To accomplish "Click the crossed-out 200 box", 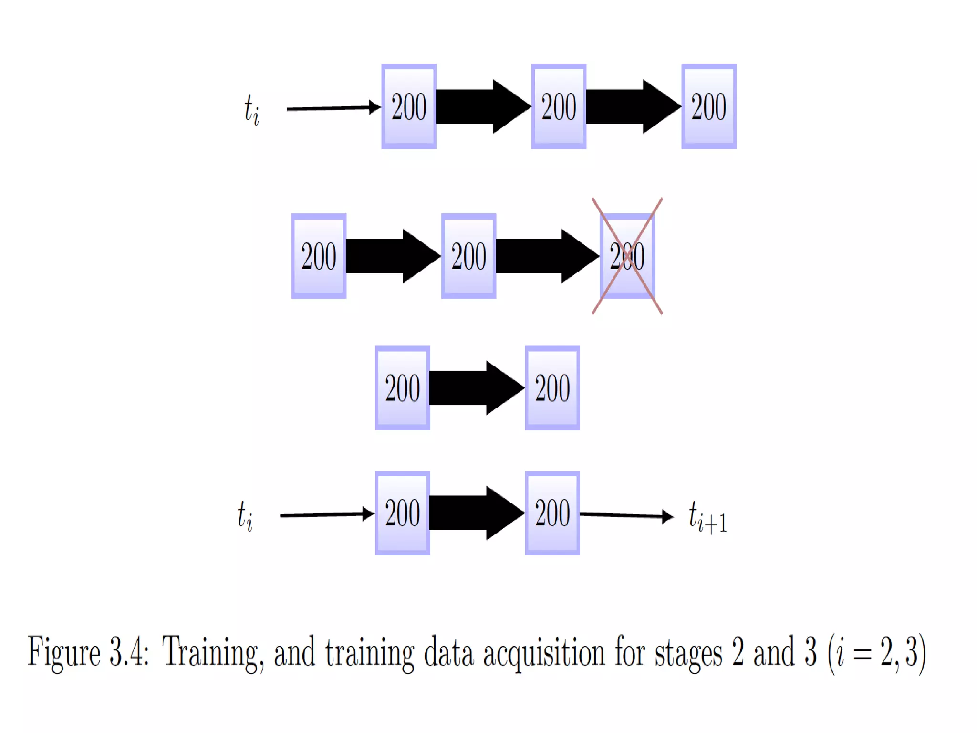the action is (x=627, y=256).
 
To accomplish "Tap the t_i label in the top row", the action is (x=251, y=109).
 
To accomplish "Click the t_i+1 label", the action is (x=707, y=517).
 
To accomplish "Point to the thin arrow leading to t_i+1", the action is (x=626, y=515).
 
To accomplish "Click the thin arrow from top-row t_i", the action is (x=333, y=108).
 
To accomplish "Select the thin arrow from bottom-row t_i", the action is (x=327, y=514).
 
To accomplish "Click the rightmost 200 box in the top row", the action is (x=708, y=106).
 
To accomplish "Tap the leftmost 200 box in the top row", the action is (x=409, y=106).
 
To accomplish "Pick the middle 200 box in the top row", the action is (x=559, y=106).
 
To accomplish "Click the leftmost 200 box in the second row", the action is (x=319, y=256).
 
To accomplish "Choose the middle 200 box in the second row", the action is (x=468, y=256).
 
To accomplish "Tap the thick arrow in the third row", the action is (x=477, y=388).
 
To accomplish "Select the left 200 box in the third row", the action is (x=402, y=388).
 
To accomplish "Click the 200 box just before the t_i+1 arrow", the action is (x=552, y=513).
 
